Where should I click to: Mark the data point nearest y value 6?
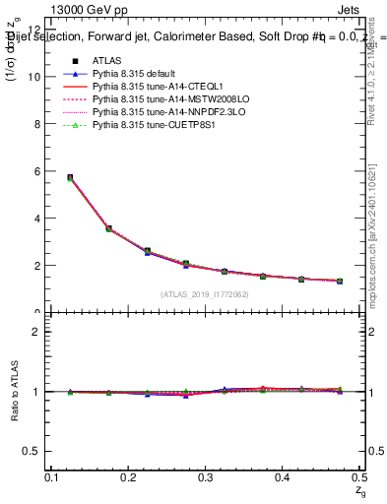70,177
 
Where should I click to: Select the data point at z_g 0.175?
108,228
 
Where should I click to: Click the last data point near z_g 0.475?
339,282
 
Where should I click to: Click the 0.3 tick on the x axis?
205,477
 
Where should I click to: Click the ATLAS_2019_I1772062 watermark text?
205,294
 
